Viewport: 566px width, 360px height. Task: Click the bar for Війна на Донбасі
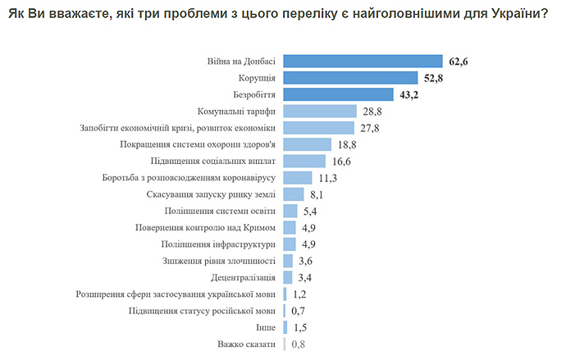click(x=363, y=62)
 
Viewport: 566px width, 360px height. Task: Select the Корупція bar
click(x=351, y=78)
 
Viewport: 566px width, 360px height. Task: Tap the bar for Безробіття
click(x=337, y=94)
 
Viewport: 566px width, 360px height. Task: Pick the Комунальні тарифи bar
click(x=319, y=112)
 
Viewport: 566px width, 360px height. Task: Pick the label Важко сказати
click(x=246, y=344)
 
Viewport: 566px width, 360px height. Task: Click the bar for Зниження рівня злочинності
click(x=287, y=261)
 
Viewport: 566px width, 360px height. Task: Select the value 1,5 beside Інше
click(x=300, y=327)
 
